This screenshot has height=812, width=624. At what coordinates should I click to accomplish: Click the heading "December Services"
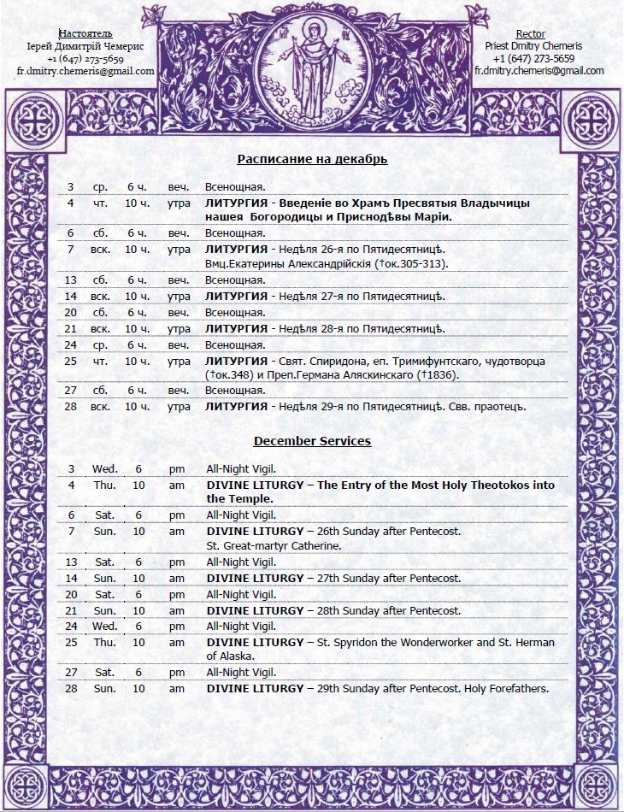click(x=312, y=441)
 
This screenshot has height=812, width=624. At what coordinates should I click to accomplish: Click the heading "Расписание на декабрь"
click(x=312, y=159)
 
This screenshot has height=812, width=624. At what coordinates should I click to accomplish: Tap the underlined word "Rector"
click(x=531, y=34)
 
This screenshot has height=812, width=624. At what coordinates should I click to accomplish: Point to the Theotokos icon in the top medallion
click(x=312, y=68)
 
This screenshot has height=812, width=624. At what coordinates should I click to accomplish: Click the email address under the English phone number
click(x=539, y=71)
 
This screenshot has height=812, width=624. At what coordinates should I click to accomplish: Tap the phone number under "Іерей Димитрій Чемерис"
click(x=85, y=59)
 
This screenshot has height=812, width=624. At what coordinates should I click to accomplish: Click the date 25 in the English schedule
click(x=71, y=642)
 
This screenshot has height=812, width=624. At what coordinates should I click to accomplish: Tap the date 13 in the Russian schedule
click(x=71, y=280)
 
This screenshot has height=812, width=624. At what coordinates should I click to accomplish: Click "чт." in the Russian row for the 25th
click(x=100, y=361)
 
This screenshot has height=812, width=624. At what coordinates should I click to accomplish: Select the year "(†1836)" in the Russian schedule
click(x=437, y=375)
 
